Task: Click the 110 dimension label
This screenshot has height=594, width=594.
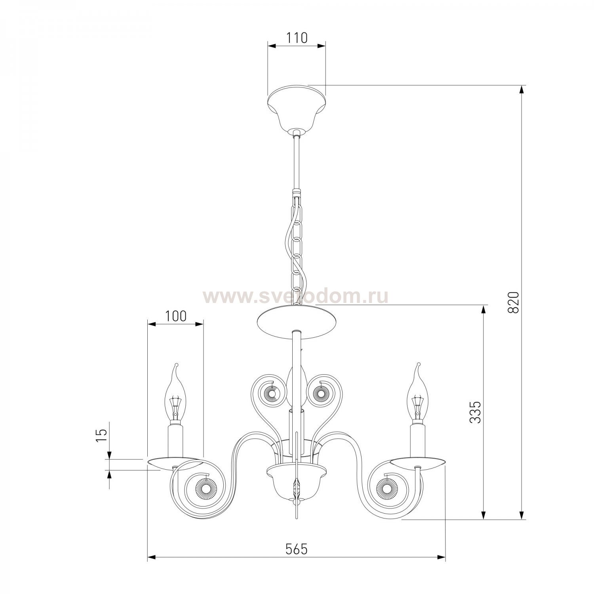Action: click(x=297, y=38)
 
